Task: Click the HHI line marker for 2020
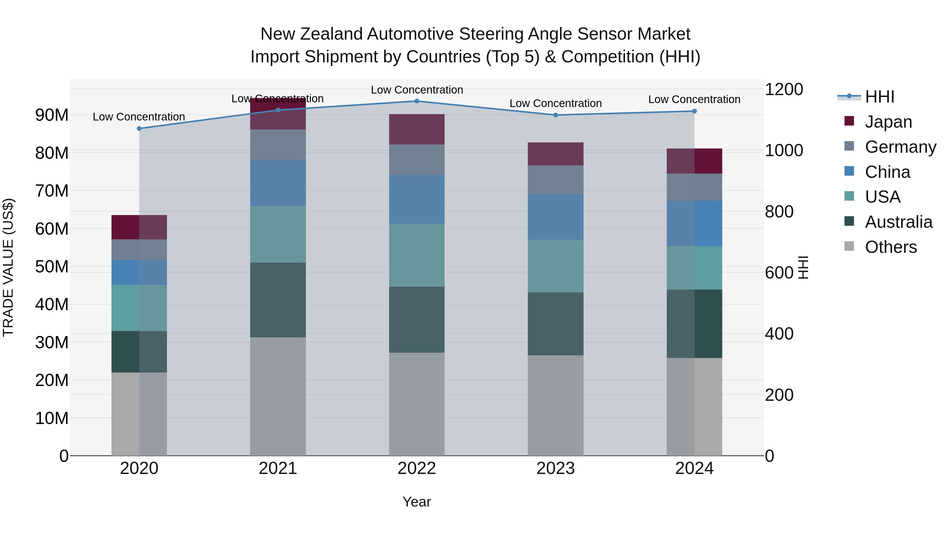[x=139, y=128]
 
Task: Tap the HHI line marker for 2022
[x=417, y=101]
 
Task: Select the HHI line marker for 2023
[x=556, y=115]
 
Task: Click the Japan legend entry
[x=888, y=122]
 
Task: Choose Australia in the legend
[x=898, y=222]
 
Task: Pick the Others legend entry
[x=891, y=247]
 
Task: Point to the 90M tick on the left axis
[x=52, y=115]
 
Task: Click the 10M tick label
[x=52, y=418]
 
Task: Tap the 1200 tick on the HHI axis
[x=784, y=89]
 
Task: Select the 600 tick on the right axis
[x=779, y=273]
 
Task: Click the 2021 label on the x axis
[x=278, y=468]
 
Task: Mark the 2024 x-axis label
[x=694, y=468]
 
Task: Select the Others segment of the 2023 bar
[x=556, y=405]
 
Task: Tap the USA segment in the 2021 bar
[x=278, y=234]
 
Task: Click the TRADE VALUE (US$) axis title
[x=8, y=267]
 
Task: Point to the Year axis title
[x=417, y=502]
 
